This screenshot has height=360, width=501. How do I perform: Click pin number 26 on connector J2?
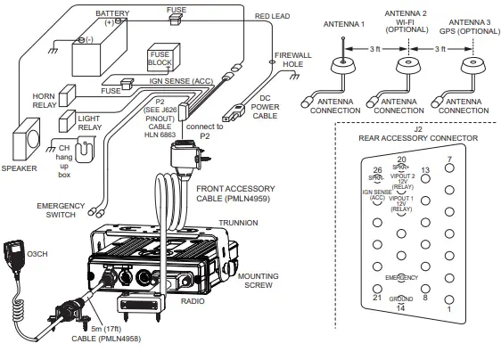[x=378, y=169]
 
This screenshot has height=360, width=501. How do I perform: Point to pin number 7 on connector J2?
[x=448, y=160]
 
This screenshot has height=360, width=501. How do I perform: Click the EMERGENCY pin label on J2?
[x=401, y=277]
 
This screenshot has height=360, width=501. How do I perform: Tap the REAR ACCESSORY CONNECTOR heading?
[x=417, y=137]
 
